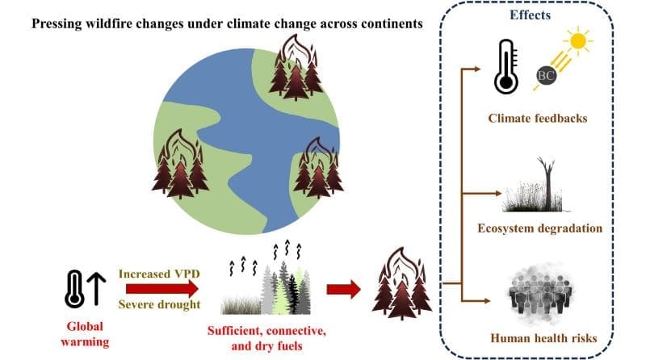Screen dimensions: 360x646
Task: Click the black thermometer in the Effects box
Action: coord(505,65)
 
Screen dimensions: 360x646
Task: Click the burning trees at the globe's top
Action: coord(294,68)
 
